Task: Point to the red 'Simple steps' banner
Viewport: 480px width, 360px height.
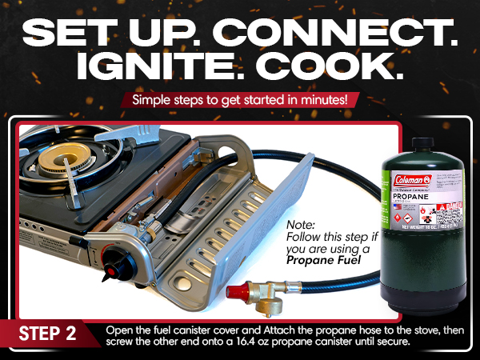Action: pyautogui.click(x=240, y=102)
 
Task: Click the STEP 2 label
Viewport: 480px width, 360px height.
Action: pyautogui.click(x=47, y=333)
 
